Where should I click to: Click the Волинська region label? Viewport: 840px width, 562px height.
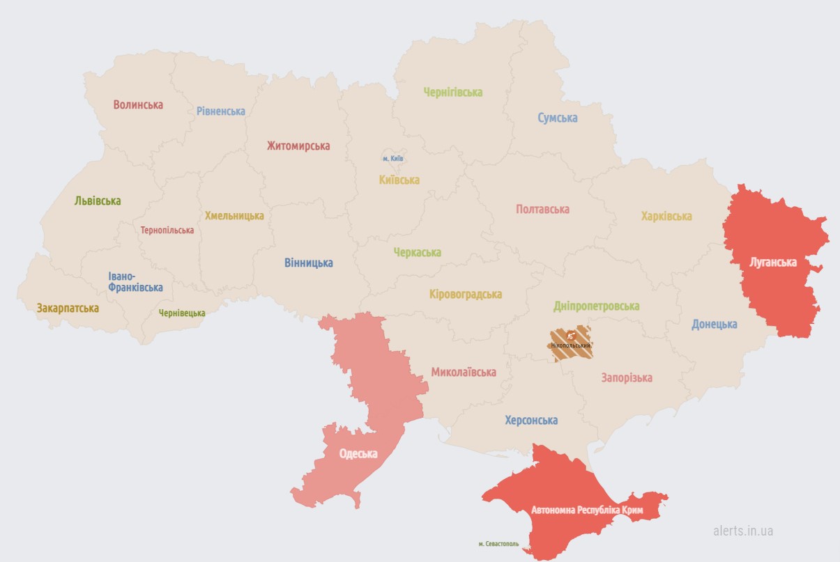coord(138,104)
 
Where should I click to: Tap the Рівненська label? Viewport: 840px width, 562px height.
coord(220,111)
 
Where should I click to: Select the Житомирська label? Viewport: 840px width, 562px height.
coord(298,146)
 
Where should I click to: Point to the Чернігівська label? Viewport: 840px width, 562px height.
coord(453,92)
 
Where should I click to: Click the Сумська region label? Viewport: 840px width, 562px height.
coord(557,118)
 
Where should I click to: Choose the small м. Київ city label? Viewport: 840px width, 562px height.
coord(393,159)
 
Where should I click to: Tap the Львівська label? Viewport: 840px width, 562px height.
coord(98,201)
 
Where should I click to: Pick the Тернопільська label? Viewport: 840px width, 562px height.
coord(167,230)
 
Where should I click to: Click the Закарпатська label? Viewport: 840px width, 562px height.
coord(68,308)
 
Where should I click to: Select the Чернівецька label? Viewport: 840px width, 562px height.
coord(182,313)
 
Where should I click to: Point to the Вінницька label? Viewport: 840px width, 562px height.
coord(308,263)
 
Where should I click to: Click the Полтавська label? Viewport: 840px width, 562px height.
coord(542,209)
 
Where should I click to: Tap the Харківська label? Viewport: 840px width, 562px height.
coord(666,216)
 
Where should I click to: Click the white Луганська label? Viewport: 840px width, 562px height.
coord(772,263)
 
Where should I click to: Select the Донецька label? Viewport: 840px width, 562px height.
coord(714,324)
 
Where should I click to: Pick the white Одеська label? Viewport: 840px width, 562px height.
coord(358,453)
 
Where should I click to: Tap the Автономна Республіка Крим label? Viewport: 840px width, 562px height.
coord(586,510)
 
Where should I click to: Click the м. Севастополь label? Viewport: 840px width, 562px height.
coord(500,543)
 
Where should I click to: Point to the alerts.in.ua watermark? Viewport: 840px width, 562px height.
coord(742,531)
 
